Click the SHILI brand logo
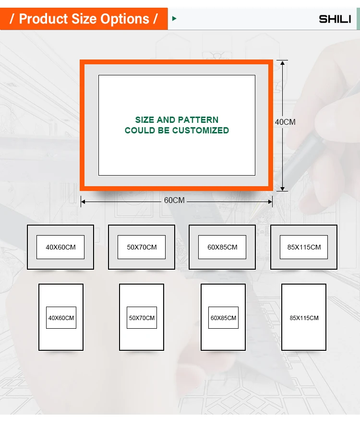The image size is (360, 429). [x=335, y=19]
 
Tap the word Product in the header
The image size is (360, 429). [x=42, y=19]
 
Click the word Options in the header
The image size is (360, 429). [x=127, y=19]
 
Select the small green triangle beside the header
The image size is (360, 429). [x=174, y=19]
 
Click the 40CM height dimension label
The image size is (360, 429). [x=285, y=122]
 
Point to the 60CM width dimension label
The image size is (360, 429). [x=174, y=201]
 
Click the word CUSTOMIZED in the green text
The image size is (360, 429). [x=201, y=131]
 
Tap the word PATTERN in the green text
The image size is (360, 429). [x=198, y=120]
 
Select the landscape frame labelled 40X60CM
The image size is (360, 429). [x=60, y=247]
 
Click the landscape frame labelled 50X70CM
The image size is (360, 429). [x=142, y=247]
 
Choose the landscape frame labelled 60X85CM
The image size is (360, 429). [x=222, y=247]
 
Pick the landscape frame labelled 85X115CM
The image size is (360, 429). [x=304, y=247]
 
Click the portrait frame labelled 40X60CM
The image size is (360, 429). [x=61, y=317]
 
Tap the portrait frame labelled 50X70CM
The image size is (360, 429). [x=142, y=317]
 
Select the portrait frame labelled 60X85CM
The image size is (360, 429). [x=223, y=317]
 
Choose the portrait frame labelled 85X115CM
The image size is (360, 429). [x=304, y=317]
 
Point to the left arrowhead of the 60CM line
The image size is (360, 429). [x=83, y=202]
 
